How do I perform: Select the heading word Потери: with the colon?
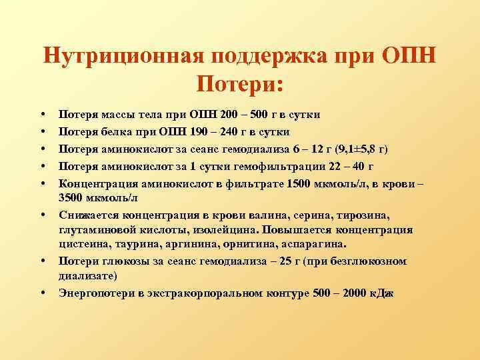click(240, 84)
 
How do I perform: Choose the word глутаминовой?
click(96, 230)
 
